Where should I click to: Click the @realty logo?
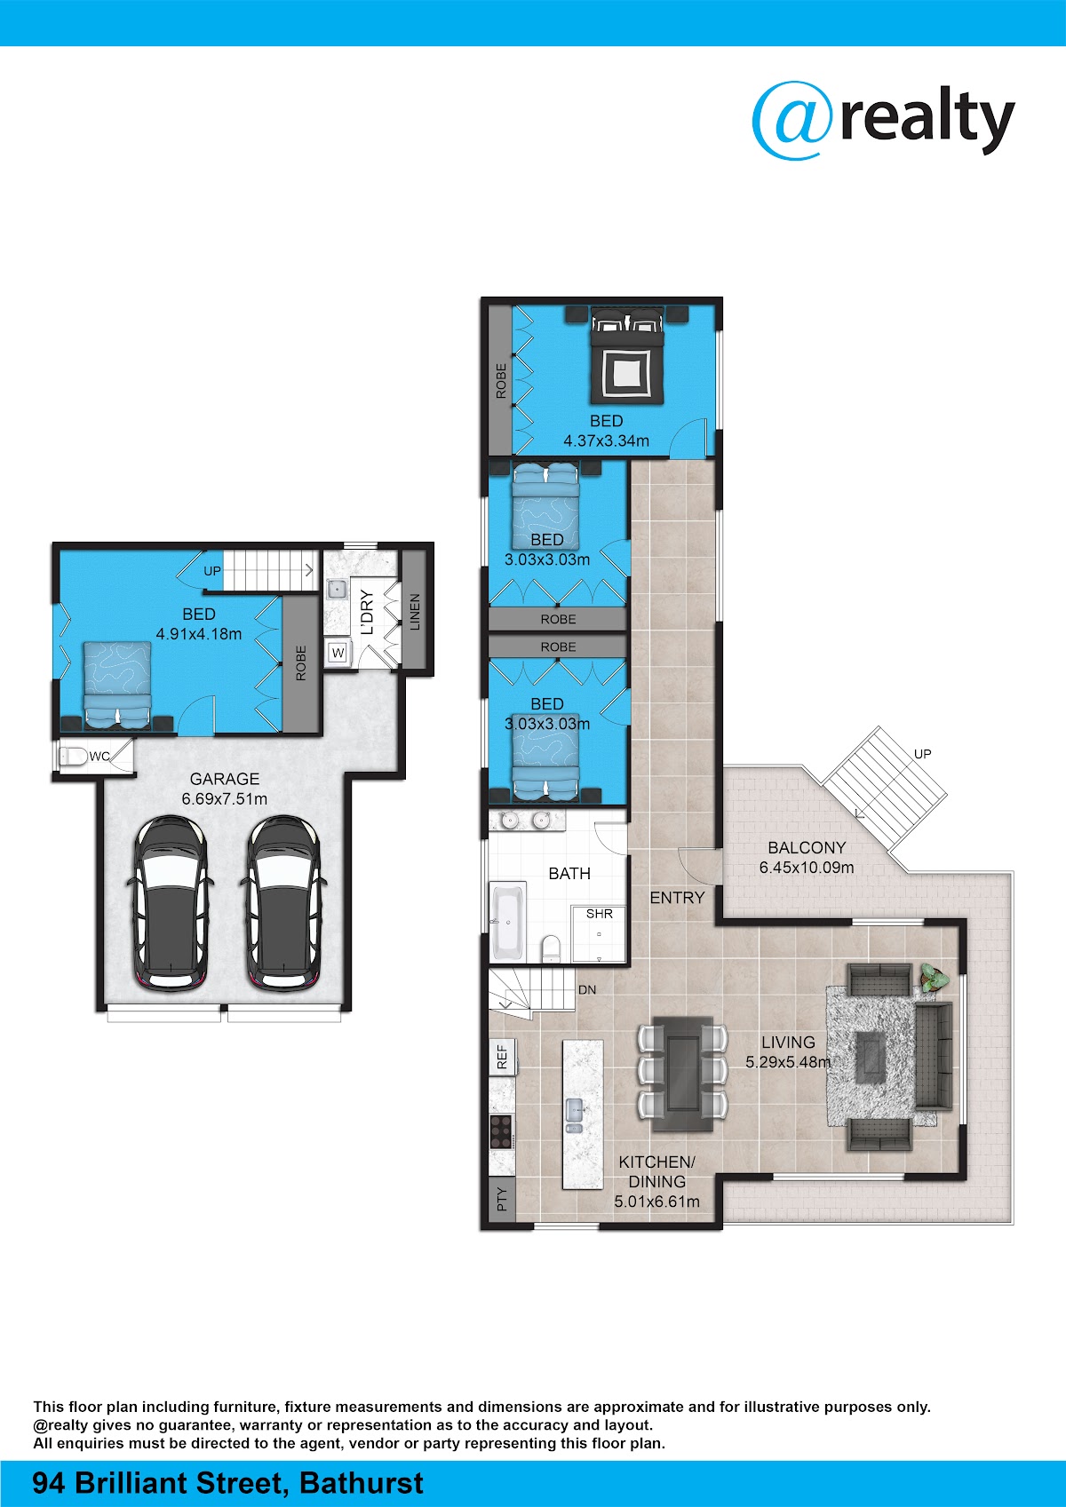pyautogui.click(x=883, y=121)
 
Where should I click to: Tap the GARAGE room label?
pyautogui.click(x=224, y=779)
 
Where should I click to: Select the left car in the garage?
pyautogui.click(x=171, y=903)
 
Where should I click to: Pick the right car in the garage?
pyautogui.click(x=283, y=903)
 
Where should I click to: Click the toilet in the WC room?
pyautogui.click(x=73, y=757)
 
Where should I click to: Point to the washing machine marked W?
pyautogui.click(x=338, y=653)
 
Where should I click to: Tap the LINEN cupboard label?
pyautogui.click(x=415, y=612)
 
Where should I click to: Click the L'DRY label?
pyautogui.click(x=367, y=612)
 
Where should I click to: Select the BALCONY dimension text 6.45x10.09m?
pyautogui.click(x=807, y=868)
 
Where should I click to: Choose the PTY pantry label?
pyautogui.click(x=502, y=1199)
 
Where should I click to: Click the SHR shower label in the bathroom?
pyautogui.click(x=599, y=914)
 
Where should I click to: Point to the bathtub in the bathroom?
pyautogui.click(x=508, y=922)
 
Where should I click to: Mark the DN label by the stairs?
pyautogui.click(x=587, y=989)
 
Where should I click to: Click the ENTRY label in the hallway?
pyautogui.click(x=677, y=898)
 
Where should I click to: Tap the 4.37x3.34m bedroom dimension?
pyautogui.click(x=606, y=440)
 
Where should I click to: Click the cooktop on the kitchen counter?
pyautogui.click(x=501, y=1131)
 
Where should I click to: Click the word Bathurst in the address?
pyautogui.click(x=362, y=1483)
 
